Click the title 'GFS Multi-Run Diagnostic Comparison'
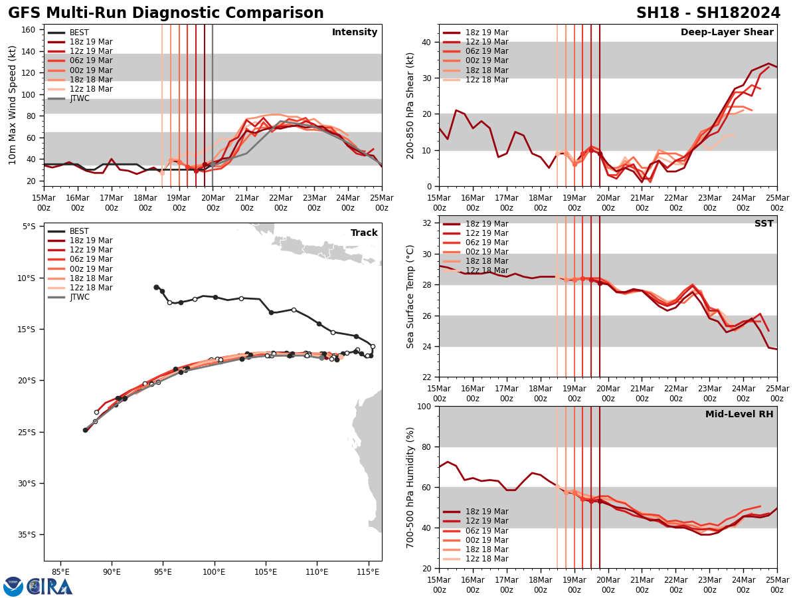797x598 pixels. [165, 13]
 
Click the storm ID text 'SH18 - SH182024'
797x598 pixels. [708, 13]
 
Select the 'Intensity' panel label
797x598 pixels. [355, 33]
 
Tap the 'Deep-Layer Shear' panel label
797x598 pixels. [727, 33]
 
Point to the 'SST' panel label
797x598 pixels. [763, 224]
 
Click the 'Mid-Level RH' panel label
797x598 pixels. [739, 415]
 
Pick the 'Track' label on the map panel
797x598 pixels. [364, 233]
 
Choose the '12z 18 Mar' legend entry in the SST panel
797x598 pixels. [486, 270]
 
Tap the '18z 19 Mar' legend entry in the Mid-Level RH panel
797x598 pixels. [486, 512]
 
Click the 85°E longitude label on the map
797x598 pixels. [60, 571]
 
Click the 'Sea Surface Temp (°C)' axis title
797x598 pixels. [411, 296]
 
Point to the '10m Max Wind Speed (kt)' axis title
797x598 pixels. [13, 105]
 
